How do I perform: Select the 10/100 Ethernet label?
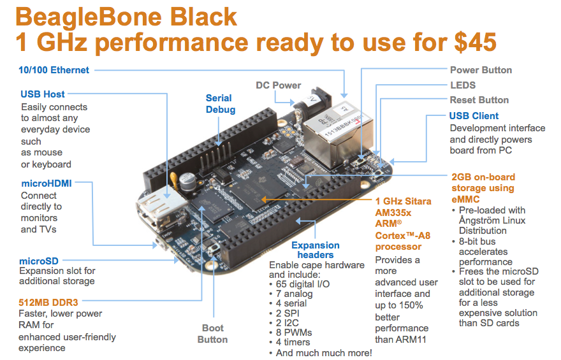(x=54, y=69)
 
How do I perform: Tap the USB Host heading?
(x=42, y=94)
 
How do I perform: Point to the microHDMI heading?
(x=46, y=184)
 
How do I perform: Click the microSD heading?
(x=41, y=261)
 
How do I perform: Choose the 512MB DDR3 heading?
(x=52, y=302)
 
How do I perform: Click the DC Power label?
(x=278, y=85)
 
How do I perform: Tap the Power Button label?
(x=481, y=70)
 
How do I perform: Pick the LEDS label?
(x=463, y=85)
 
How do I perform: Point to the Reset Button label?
(x=479, y=100)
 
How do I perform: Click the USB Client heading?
(x=474, y=116)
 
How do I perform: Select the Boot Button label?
(x=212, y=334)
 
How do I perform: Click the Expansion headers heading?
(x=315, y=250)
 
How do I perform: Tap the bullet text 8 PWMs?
(x=297, y=333)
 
